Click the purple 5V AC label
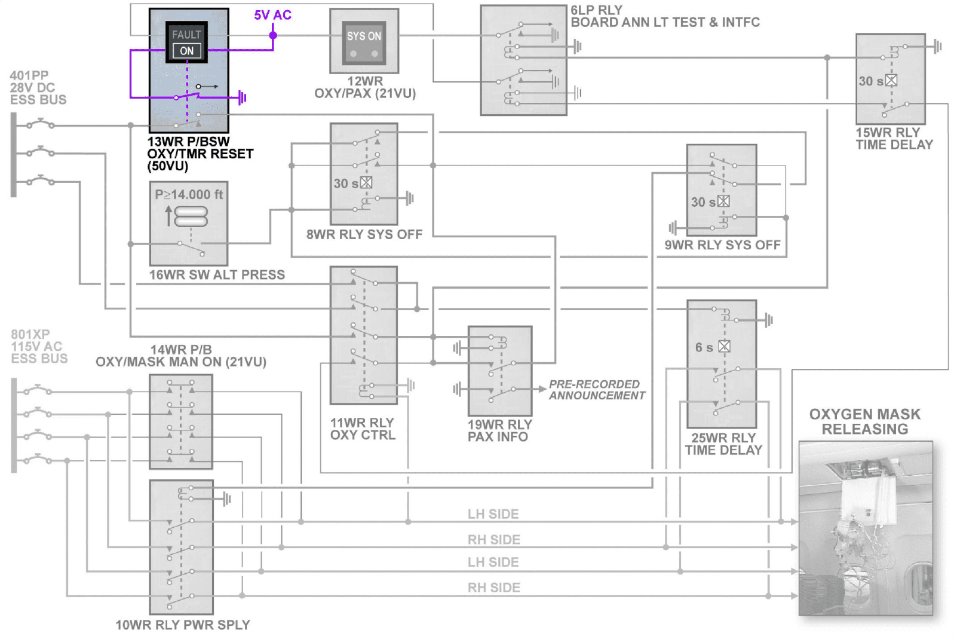[272, 15]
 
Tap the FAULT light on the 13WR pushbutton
[186, 35]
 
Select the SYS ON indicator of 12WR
[364, 36]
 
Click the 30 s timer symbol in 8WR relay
[366, 183]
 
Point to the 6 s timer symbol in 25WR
[724, 346]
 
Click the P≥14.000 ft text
[189, 194]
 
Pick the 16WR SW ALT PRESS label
[217, 275]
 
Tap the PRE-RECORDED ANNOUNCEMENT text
[597, 390]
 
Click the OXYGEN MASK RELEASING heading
[864, 421]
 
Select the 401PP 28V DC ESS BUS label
[38, 88]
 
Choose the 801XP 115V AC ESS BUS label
[39, 347]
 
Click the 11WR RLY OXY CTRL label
[363, 429]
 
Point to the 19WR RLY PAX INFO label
[499, 431]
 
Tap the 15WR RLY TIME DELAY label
[894, 139]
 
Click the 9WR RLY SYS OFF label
[722, 245]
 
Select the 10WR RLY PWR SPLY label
[183, 625]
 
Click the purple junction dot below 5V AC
[273, 35]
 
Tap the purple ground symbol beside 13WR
[242, 97]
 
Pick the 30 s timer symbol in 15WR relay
[891, 80]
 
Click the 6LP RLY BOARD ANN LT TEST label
[665, 17]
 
